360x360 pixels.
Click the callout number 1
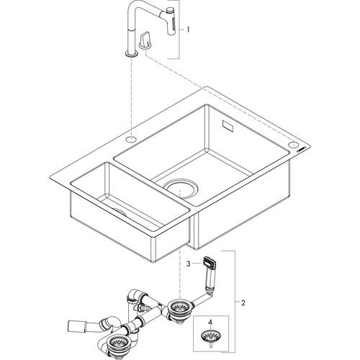pos(188,30)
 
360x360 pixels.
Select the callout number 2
pos(243,303)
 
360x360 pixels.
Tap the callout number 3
pos(189,264)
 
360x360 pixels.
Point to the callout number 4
pos(210,323)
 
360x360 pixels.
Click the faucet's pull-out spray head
pos(171,22)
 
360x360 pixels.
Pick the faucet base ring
pos(131,54)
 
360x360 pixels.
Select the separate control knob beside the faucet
pos(145,42)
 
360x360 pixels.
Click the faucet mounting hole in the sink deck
pos(131,139)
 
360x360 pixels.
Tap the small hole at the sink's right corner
pos(294,145)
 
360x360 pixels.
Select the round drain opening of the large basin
pos(181,188)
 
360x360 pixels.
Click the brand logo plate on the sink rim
pos(301,150)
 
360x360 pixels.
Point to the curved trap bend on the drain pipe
pos(111,323)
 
